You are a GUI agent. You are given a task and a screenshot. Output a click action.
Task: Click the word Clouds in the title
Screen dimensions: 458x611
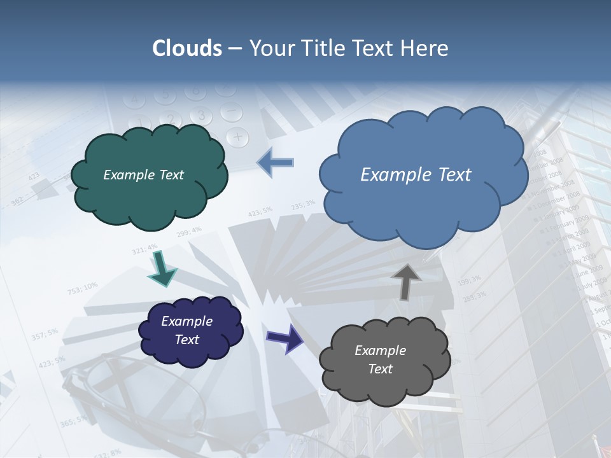click(x=187, y=48)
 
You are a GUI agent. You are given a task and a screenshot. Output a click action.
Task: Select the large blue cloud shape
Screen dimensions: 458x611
click(x=423, y=204)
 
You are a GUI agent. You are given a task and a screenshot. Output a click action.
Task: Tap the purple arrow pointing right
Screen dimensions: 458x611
click(x=285, y=338)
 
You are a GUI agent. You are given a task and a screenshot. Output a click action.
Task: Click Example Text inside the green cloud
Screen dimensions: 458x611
click(x=143, y=175)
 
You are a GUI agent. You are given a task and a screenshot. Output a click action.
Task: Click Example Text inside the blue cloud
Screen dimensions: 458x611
click(x=416, y=175)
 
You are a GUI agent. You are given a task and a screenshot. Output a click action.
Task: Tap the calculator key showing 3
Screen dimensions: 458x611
click(x=201, y=116)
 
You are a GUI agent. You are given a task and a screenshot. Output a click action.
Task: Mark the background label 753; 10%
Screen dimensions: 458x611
click(x=82, y=288)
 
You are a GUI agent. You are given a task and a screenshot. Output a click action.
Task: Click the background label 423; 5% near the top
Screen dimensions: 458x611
click(x=260, y=211)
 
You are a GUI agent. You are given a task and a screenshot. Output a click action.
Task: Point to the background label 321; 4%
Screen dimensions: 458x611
click(x=144, y=249)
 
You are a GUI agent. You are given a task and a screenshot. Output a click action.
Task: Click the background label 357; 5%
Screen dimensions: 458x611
click(x=45, y=335)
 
